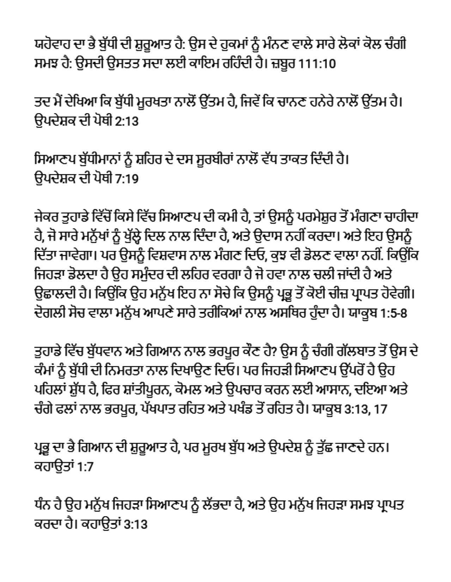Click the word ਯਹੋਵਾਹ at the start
coord(53,45)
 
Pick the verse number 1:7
coord(84,467)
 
